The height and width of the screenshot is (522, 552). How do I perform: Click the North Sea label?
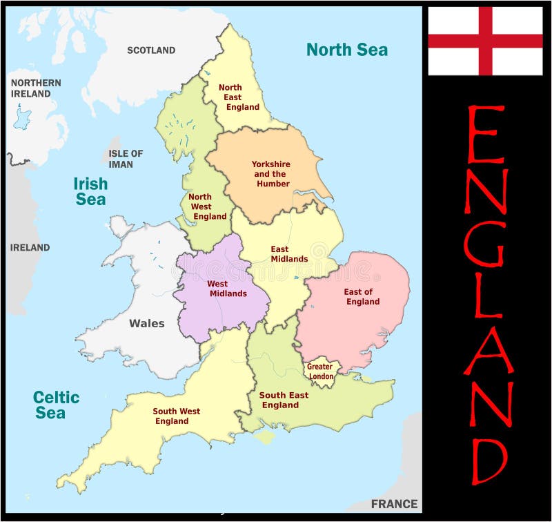[x=347, y=50]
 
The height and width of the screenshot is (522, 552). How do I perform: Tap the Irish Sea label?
[x=91, y=191]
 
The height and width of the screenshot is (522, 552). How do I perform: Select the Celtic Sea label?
[x=57, y=405]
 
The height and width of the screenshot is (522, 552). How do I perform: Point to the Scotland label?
[x=151, y=50]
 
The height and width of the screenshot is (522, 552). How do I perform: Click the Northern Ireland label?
[x=35, y=88]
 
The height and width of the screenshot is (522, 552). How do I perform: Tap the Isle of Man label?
[x=126, y=159]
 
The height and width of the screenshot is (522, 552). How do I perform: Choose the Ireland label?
[x=30, y=247]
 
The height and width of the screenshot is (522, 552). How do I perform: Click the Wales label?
[x=147, y=323]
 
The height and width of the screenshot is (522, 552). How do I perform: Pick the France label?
[x=394, y=503]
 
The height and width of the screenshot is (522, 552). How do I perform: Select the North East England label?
[x=237, y=97]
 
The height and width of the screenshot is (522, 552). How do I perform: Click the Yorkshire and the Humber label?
[x=271, y=174]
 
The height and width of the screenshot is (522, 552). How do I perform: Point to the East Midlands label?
[x=289, y=253]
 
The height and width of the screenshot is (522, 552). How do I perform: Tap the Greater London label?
[x=319, y=371]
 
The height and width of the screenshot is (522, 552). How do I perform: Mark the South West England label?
[x=176, y=416]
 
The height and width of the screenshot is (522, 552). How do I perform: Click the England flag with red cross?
[x=485, y=41]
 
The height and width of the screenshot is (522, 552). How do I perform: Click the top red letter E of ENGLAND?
[x=485, y=135]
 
